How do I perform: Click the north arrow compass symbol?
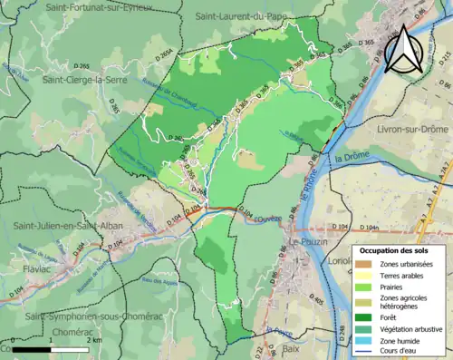tap(405, 49)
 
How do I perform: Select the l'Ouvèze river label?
tap(269, 219)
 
